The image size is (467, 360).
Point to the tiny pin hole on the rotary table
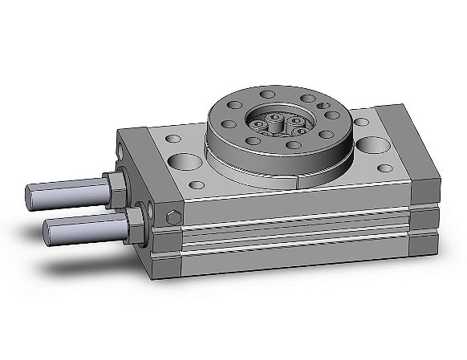coord(323,104)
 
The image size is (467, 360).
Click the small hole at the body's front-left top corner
coord(195,185)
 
